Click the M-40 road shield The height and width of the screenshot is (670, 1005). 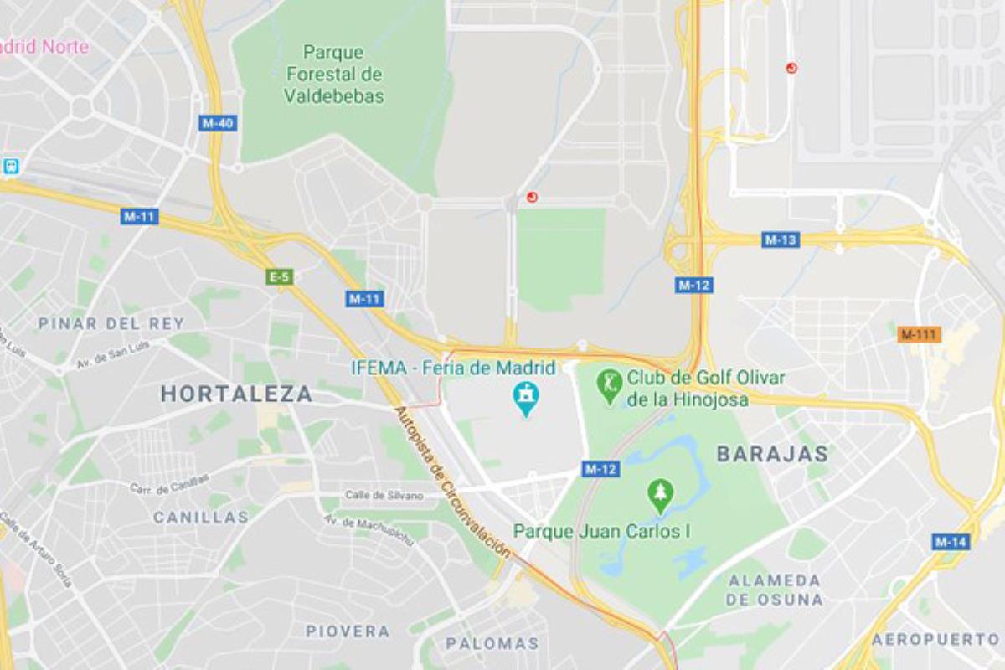click(x=218, y=123)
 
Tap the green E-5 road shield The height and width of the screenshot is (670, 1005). click(x=279, y=276)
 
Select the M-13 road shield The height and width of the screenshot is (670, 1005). click(x=781, y=240)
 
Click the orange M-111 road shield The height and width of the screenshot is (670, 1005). click(x=919, y=335)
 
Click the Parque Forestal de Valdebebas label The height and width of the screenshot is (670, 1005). click(x=333, y=74)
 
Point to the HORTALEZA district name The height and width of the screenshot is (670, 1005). click(x=236, y=394)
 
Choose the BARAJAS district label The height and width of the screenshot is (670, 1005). click(x=772, y=454)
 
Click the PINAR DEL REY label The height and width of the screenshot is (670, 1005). click(x=111, y=323)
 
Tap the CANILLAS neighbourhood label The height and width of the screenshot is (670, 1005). click(x=201, y=517)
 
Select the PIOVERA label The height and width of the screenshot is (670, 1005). click(x=348, y=631)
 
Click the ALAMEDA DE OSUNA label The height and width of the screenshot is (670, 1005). click(x=775, y=590)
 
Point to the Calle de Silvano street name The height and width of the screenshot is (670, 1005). click(x=384, y=496)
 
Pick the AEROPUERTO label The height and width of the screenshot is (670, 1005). click(x=935, y=639)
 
